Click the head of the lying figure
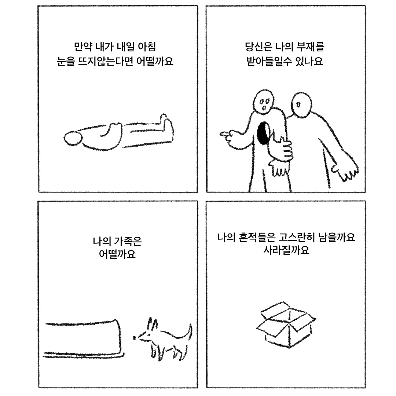pos(73,138)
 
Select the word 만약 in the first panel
pos(83,47)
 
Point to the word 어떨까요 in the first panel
pos(155,61)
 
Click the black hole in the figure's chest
pos(263,133)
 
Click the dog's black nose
pos(135,338)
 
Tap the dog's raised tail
pos(189,331)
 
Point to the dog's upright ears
pos(152,324)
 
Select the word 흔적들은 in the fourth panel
pos(257,237)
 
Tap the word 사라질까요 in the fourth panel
pos(286,250)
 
